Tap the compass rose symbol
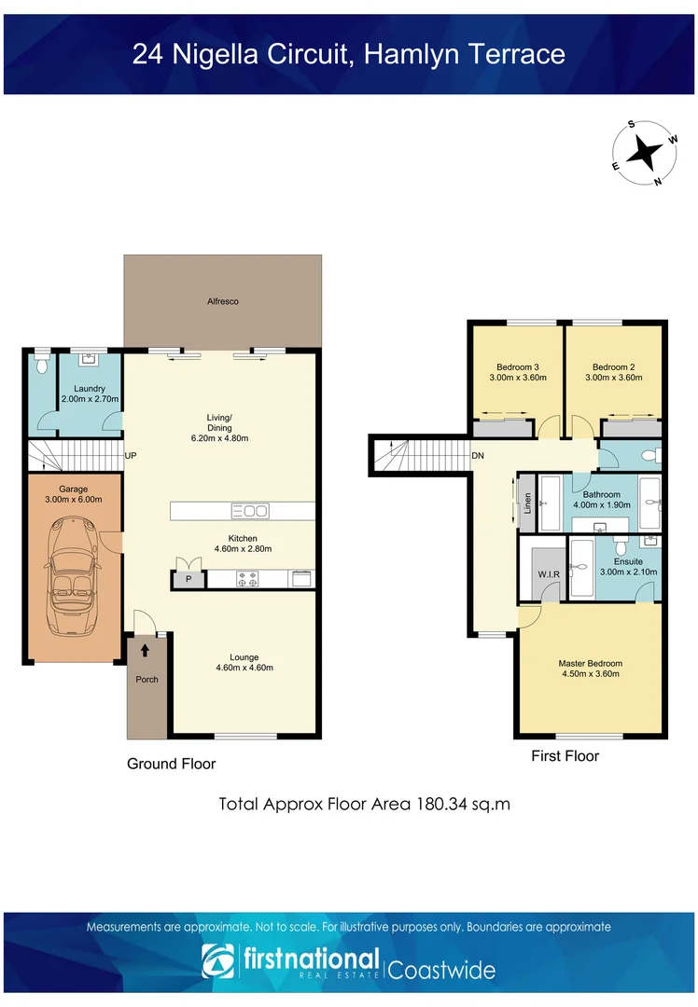click(x=644, y=153)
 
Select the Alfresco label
click(x=223, y=301)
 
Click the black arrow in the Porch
click(x=146, y=651)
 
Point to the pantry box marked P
click(x=188, y=579)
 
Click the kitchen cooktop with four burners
click(x=247, y=579)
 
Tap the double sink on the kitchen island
click(x=250, y=511)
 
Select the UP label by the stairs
click(x=131, y=455)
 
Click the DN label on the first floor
click(x=478, y=455)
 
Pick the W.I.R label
click(x=549, y=574)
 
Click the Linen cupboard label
click(x=527, y=503)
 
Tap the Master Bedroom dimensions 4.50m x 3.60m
click(x=591, y=674)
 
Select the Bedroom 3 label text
click(x=518, y=367)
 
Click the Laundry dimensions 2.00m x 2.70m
click(x=90, y=399)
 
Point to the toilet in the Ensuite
click(x=621, y=547)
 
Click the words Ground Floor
click(x=172, y=764)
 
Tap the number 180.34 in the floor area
click(x=441, y=804)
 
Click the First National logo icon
click(x=217, y=960)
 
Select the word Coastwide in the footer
click(x=441, y=970)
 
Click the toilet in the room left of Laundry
click(x=42, y=366)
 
